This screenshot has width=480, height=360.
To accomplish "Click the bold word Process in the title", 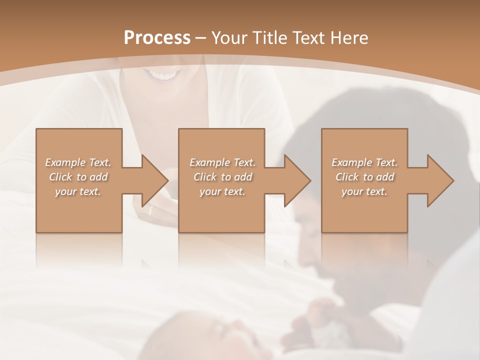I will [157, 38].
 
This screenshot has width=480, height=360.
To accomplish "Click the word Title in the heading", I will [270, 38].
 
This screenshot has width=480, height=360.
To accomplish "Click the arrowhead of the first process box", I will [154, 180].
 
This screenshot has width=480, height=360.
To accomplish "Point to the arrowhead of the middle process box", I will [297, 180].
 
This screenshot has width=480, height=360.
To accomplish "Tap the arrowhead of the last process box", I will [440, 180].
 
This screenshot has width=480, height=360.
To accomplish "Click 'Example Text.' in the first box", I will [78, 162].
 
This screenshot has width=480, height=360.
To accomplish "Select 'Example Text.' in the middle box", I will [222, 162].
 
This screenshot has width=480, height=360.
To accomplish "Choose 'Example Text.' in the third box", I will [364, 162].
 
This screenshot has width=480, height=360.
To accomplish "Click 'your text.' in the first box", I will [78, 191].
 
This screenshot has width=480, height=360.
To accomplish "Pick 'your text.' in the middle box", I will [222, 191].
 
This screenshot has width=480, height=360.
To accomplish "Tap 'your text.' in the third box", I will [364, 191].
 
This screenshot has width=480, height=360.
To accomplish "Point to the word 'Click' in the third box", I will [347, 177].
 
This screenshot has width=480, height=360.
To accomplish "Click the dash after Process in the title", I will [200, 38].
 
